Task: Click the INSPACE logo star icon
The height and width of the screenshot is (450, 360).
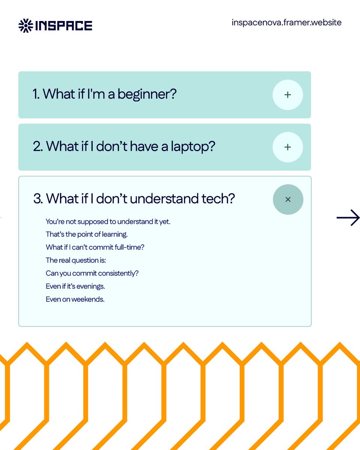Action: (25, 25)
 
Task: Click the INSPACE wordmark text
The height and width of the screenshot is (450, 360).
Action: (63, 25)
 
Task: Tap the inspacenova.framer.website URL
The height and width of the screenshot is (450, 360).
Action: (286, 22)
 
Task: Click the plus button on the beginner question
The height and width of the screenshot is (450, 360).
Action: (288, 95)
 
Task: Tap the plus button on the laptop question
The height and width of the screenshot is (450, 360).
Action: (288, 147)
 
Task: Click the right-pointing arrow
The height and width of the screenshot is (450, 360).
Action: (348, 218)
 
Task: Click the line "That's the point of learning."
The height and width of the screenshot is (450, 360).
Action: (87, 234)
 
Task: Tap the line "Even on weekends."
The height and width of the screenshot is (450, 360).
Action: (75, 299)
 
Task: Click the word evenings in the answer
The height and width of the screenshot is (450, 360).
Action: (91, 286)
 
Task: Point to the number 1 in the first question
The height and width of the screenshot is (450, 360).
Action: (36, 94)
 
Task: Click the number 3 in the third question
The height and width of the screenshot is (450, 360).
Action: (37, 199)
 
